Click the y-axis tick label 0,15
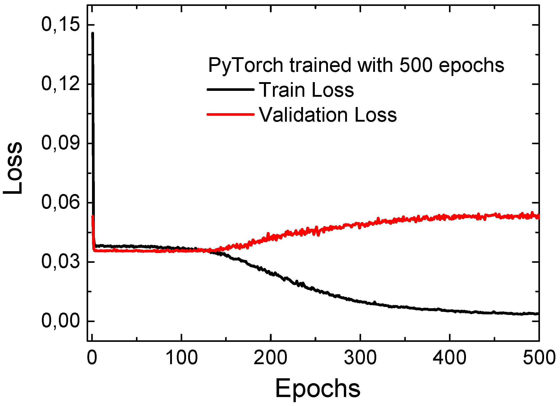pos(61,25)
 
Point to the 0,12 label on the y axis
pos(61,84)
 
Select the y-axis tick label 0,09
pos(61,143)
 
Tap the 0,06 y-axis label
pos(61,202)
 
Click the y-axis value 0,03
pos(61,262)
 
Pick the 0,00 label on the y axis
pos(61,321)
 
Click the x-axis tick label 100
pos(181,357)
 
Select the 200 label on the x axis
pos(270,357)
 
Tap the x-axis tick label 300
pos(360,357)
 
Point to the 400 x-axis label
pos(449,357)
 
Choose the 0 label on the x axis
pos(92,357)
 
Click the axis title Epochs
pos(318,389)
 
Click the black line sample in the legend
pos(230,89)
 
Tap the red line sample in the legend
pos(230,114)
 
